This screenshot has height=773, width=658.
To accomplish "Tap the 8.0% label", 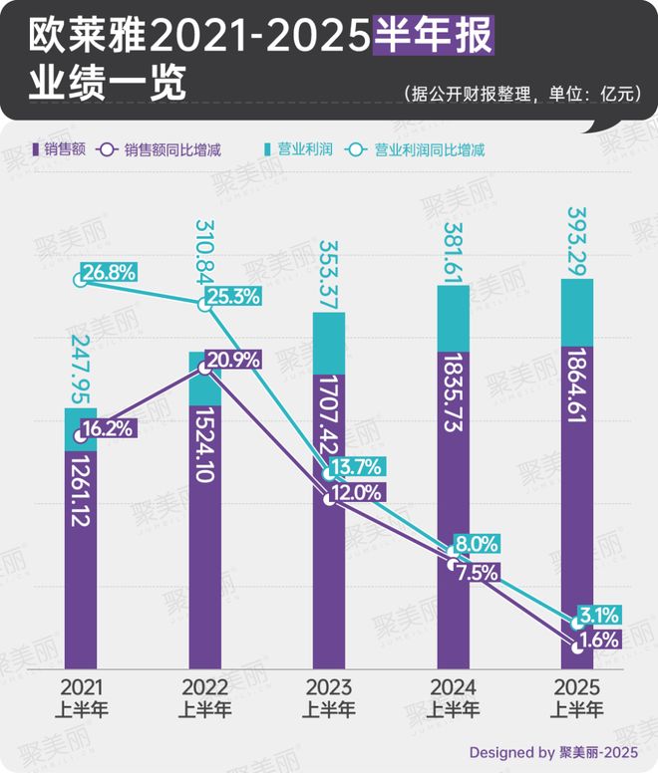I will pyautogui.click(x=476, y=544).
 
